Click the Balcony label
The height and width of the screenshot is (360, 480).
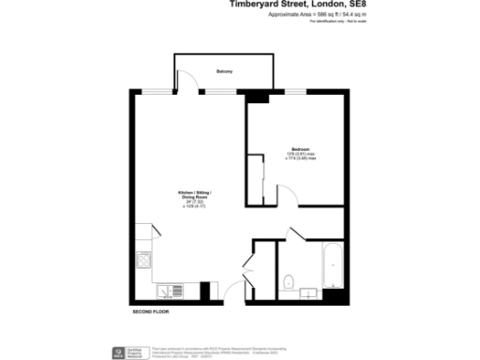coord(224,72)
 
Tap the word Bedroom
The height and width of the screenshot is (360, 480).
coord(301,150)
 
